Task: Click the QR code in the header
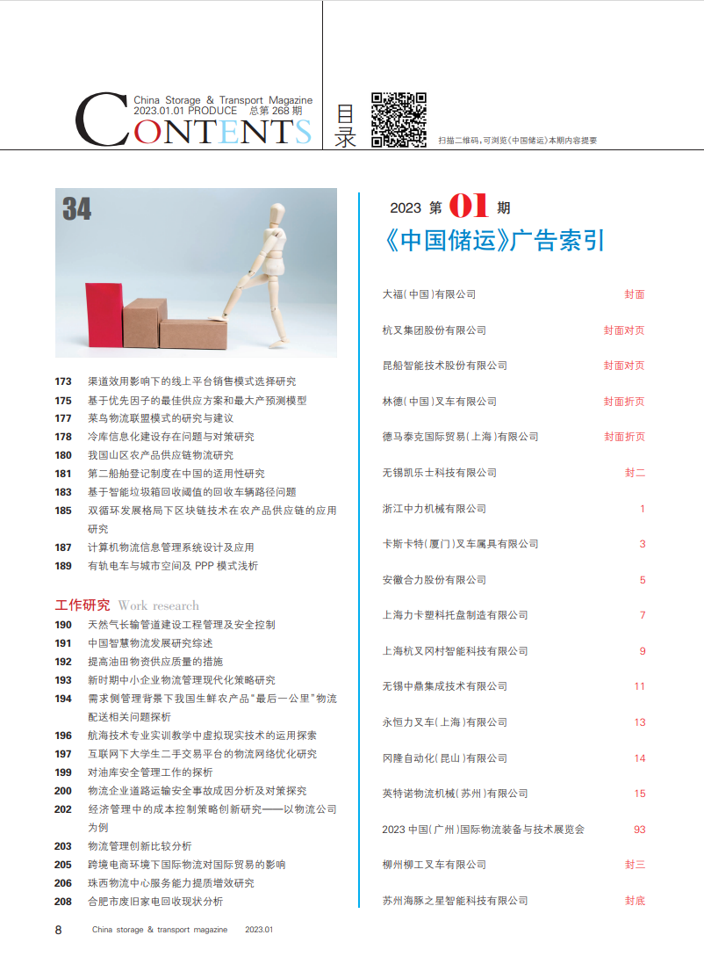point(399,119)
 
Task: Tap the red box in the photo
point(103,315)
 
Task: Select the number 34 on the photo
point(77,209)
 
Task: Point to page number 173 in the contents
point(63,381)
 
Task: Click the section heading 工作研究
point(83,605)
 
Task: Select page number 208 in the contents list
point(63,902)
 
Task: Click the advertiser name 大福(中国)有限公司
point(429,294)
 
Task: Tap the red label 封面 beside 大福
point(635,294)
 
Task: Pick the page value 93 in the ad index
point(639,829)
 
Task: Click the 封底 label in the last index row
point(635,901)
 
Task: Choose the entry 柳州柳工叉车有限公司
point(435,865)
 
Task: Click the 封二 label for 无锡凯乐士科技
point(635,473)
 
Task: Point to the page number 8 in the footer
point(58,930)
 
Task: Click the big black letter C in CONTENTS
point(100,120)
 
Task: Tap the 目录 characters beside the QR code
point(346,127)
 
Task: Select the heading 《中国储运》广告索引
point(494,241)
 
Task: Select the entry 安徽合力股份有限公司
point(435,580)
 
